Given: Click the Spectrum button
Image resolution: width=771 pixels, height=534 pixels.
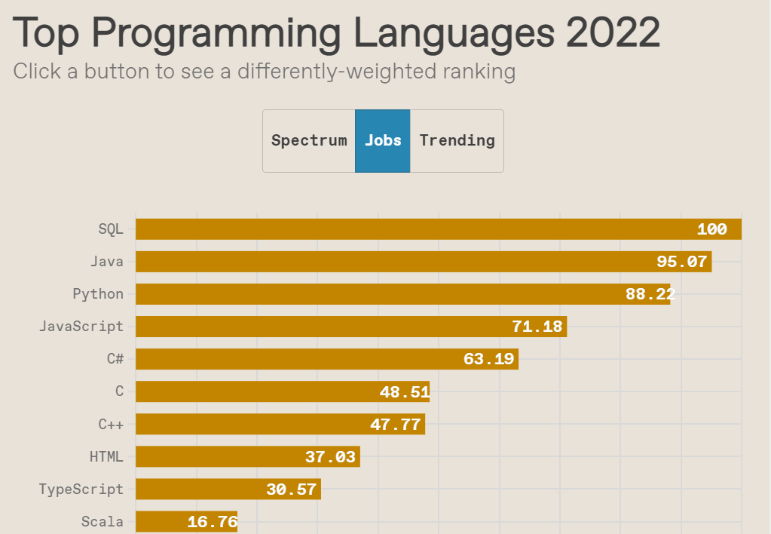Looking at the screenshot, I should pos(309,140).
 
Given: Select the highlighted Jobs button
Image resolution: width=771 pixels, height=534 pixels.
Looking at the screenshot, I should pos(383,140).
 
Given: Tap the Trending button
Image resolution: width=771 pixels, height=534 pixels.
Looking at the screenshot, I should pos(457,140).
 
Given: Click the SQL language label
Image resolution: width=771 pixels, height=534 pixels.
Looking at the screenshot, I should pos(111,229).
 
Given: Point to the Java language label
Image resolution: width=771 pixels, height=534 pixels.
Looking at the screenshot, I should pos(106,262).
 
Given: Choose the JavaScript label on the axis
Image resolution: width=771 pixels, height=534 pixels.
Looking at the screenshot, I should pos(81,327).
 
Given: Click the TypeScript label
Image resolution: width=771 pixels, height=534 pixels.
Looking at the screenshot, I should pos(81,489).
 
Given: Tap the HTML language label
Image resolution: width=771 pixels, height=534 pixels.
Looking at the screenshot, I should pos(106,456).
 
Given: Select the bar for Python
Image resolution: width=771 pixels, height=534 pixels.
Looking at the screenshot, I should pos(377,294).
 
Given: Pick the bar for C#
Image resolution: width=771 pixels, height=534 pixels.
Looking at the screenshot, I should pos(301,359).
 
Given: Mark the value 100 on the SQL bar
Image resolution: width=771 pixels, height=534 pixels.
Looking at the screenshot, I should pos(711,229).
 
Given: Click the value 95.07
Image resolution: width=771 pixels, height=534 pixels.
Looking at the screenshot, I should pos(681,262).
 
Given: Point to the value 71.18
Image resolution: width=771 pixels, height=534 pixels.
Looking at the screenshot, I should pos(537,327).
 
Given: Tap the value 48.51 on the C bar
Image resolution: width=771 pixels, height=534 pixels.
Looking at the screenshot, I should pos(405,391).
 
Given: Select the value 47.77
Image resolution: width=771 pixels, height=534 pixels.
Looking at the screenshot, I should pos(395,424).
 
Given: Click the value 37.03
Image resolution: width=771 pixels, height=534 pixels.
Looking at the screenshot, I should pos(330,456).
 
